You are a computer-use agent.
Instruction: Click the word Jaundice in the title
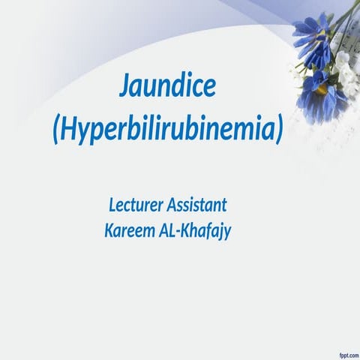pos(168,88)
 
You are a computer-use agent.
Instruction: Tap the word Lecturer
pos(136,203)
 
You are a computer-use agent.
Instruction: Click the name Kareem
pos(130,229)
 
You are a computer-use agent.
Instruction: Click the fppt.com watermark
pos(342,352)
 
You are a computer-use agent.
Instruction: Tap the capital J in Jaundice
pos(125,88)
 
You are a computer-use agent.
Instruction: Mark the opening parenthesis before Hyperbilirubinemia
pos(57,130)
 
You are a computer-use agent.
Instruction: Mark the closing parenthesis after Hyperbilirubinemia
pos(279,130)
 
